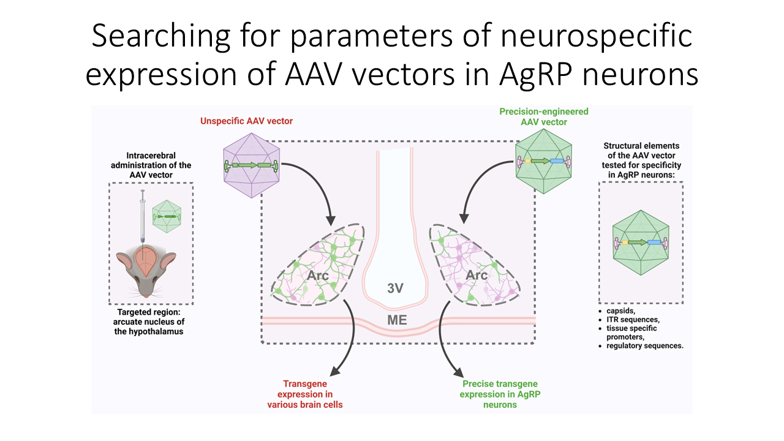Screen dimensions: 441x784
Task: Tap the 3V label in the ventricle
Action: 395,288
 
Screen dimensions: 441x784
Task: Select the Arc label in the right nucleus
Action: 477,275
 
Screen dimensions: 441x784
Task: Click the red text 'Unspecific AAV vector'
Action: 246,121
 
